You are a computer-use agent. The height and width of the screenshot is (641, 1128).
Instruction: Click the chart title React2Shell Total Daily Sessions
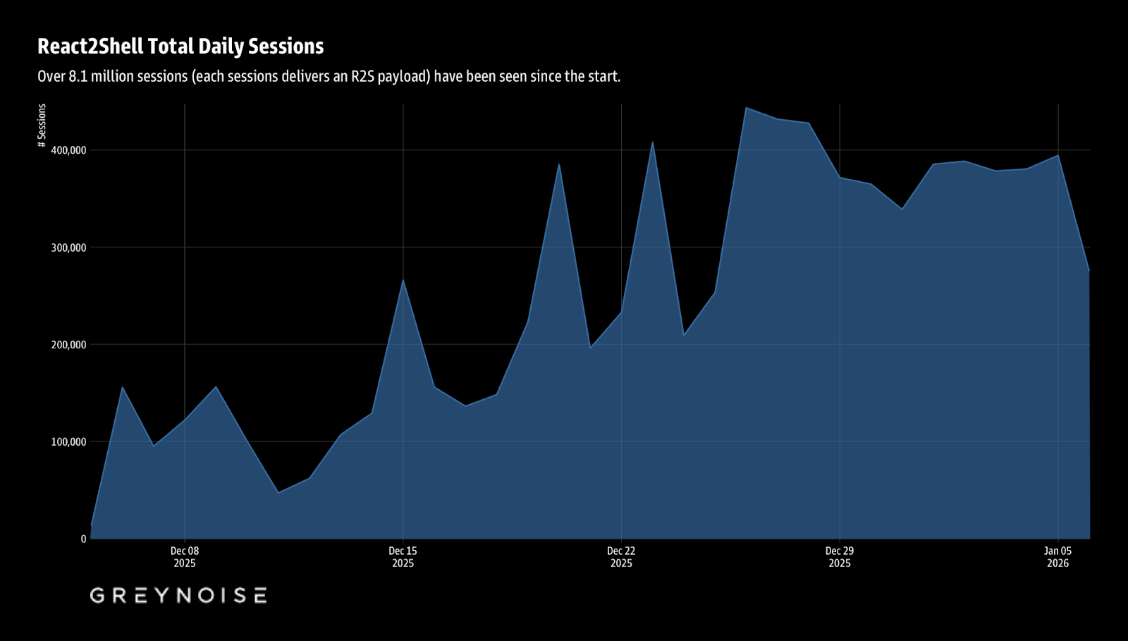(180, 47)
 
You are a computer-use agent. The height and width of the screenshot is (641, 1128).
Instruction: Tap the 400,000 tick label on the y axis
(68, 150)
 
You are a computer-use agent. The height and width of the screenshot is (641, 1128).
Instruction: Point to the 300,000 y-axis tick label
(68, 248)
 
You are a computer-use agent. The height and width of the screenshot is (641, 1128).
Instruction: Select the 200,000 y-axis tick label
(68, 345)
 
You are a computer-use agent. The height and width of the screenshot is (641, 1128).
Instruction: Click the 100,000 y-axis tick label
(68, 442)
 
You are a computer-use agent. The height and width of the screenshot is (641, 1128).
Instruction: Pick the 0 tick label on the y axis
(83, 539)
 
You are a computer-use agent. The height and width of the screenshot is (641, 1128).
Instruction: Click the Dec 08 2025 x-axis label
(185, 557)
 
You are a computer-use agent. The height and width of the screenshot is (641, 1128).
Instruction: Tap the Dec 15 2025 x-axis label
(403, 557)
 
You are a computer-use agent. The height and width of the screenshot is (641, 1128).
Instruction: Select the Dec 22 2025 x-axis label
(621, 557)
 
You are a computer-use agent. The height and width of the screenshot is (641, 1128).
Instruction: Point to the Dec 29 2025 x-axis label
(840, 557)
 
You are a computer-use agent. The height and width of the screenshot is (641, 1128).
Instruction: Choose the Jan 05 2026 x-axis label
(1057, 557)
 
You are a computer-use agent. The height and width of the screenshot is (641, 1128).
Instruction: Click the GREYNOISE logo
(178, 595)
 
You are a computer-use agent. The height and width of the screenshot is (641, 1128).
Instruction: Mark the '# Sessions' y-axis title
(42, 126)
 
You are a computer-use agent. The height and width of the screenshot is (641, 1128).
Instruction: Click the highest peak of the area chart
(747, 108)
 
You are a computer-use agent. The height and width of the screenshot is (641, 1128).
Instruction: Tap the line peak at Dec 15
(403, 280)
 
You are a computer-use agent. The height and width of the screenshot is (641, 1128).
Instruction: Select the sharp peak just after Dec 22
(653, 142)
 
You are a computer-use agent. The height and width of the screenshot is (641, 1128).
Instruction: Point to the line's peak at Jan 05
(1058, 155)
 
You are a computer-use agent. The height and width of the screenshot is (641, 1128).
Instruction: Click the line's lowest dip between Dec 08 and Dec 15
(278, 492)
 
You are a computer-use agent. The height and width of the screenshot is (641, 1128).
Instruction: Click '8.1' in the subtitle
(78, 76)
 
